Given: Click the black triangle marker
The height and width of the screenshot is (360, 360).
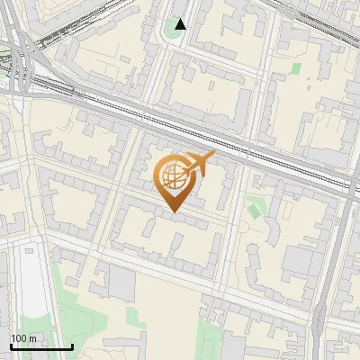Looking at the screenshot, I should (x=181, y=24).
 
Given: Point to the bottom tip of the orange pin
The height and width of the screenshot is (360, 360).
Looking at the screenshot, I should (x=172, y=211).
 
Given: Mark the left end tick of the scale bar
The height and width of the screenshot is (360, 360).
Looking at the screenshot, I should (x=10, y=346).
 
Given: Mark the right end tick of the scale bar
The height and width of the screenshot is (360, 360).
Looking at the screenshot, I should (x=72, y=346).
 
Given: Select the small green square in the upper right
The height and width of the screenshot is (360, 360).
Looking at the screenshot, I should (x=296, y=67).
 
